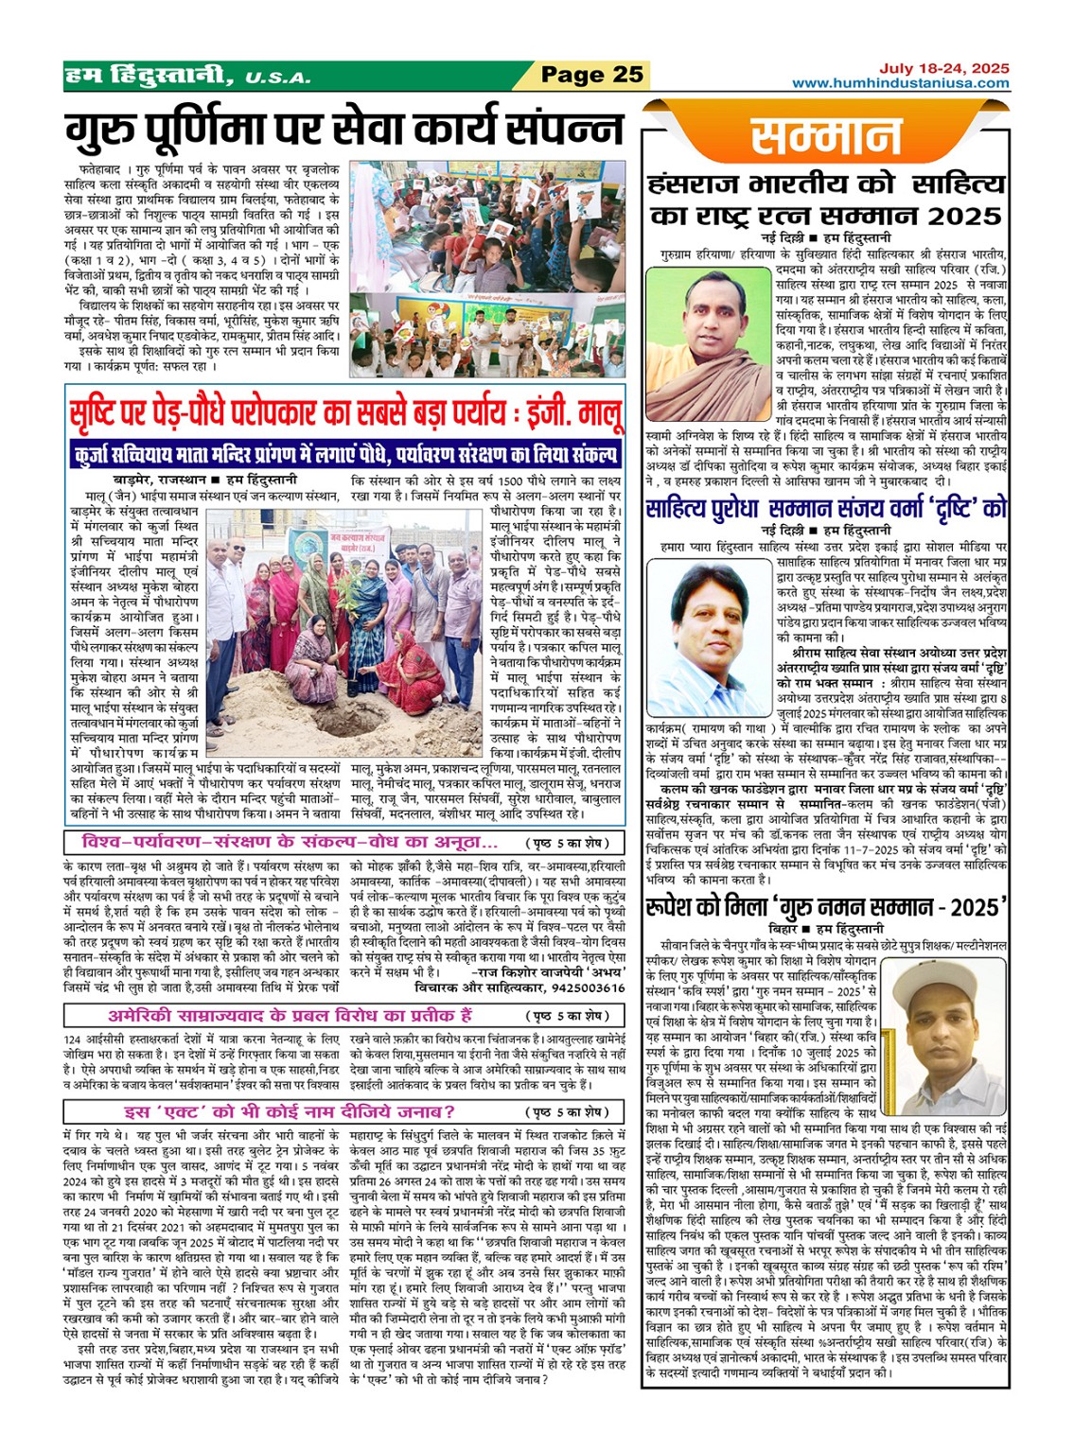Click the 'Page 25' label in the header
591,75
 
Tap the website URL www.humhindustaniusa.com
900,83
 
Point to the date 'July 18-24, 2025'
943,68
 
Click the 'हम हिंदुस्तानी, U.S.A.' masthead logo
186,75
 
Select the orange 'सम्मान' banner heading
826,136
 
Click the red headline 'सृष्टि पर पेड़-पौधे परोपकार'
345,414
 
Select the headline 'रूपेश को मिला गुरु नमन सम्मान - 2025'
826,908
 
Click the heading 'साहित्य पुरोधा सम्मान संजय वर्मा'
826,510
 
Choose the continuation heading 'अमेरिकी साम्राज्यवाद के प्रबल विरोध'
290,1016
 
